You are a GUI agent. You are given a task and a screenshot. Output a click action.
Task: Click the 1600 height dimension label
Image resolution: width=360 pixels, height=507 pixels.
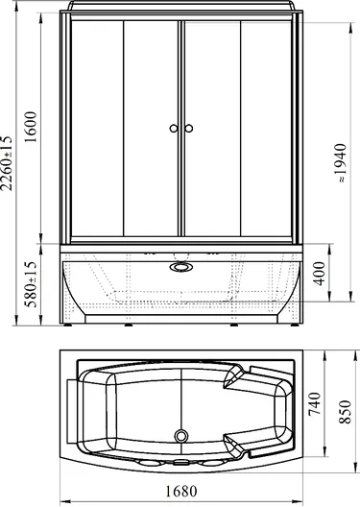click(31, 127)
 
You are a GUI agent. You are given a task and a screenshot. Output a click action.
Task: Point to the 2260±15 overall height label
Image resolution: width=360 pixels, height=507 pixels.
click(6, 163)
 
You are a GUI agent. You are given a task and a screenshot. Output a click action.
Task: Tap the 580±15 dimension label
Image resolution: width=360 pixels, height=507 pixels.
click(32, 284)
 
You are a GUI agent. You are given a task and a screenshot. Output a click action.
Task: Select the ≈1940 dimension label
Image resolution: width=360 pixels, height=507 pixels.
click(342, 163)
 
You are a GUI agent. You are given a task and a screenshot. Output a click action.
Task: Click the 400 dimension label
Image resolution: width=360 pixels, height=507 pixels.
click(320, 274)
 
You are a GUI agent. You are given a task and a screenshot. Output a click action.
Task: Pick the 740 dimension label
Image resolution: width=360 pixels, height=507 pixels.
click(315, 404)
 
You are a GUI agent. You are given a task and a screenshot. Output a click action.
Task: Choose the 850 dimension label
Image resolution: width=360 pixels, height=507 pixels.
click(345, 412)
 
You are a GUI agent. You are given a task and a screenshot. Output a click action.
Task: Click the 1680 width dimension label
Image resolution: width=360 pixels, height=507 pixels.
click(181, 492)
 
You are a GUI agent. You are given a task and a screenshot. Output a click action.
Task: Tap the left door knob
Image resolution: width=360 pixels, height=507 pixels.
click(174, 129)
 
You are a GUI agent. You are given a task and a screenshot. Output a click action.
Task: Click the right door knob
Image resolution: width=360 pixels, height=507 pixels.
click(189, 129)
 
